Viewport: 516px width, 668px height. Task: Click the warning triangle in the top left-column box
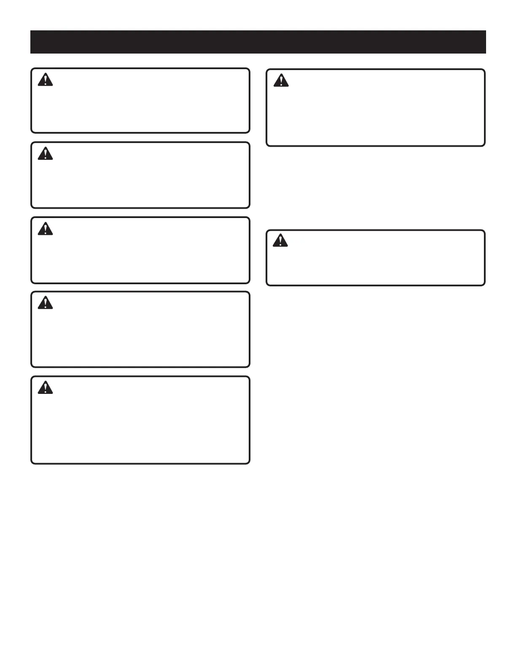click(45, 80)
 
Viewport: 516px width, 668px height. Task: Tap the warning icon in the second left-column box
click(45, 154)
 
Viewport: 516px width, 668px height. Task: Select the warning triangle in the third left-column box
click(45, 229)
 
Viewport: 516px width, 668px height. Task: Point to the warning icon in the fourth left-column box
click(45, 303)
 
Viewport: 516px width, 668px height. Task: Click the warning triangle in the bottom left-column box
click(45, 388)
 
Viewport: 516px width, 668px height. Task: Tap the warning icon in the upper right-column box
click(281, 81)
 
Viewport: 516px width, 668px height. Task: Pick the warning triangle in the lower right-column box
click(280, 241)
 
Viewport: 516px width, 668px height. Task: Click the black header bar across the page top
click(258, 42)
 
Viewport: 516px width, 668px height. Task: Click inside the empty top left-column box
click(140, 105)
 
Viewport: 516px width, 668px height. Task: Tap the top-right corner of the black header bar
click(486, 31)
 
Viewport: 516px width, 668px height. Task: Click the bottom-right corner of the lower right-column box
click(484, 285)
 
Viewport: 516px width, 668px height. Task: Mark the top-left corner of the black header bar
click(31, 31)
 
